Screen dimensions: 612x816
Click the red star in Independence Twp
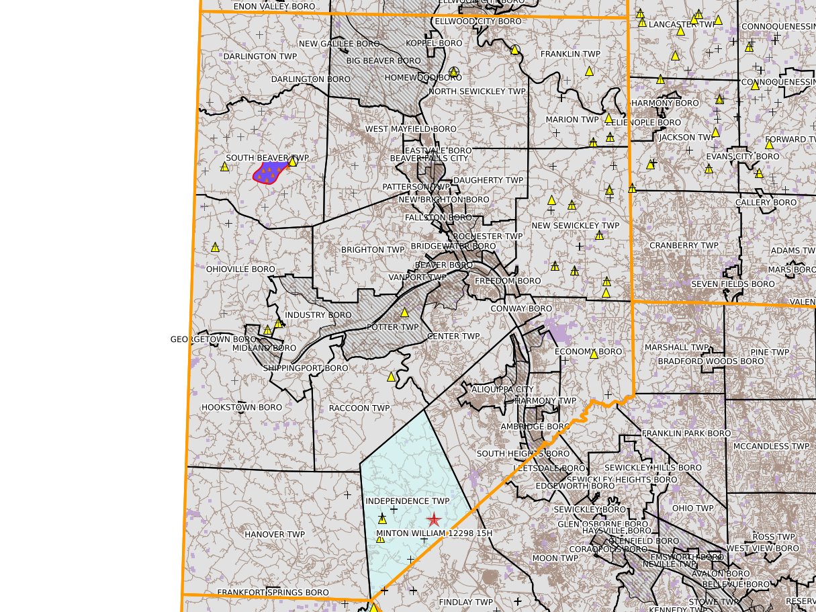pos(434,519)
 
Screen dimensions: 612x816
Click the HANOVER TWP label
pos(275,535)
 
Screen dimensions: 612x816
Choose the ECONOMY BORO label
pos(588,352)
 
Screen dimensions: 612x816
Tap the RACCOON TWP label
pos(359,408)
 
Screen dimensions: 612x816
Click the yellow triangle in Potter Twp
pos(405,312)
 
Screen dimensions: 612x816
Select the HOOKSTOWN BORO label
pos(242,408)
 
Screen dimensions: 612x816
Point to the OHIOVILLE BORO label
pos(240,269)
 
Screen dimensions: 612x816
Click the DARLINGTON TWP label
pos(259,56)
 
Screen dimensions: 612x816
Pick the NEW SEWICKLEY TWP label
pos(576,226)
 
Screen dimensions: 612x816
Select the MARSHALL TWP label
pos(677,348)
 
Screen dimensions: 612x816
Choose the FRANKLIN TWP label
pos(570,54)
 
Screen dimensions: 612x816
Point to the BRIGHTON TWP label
pos(373,250)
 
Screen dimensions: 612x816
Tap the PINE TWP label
pos(770,353)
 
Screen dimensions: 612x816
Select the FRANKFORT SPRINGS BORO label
pos(273,593)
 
